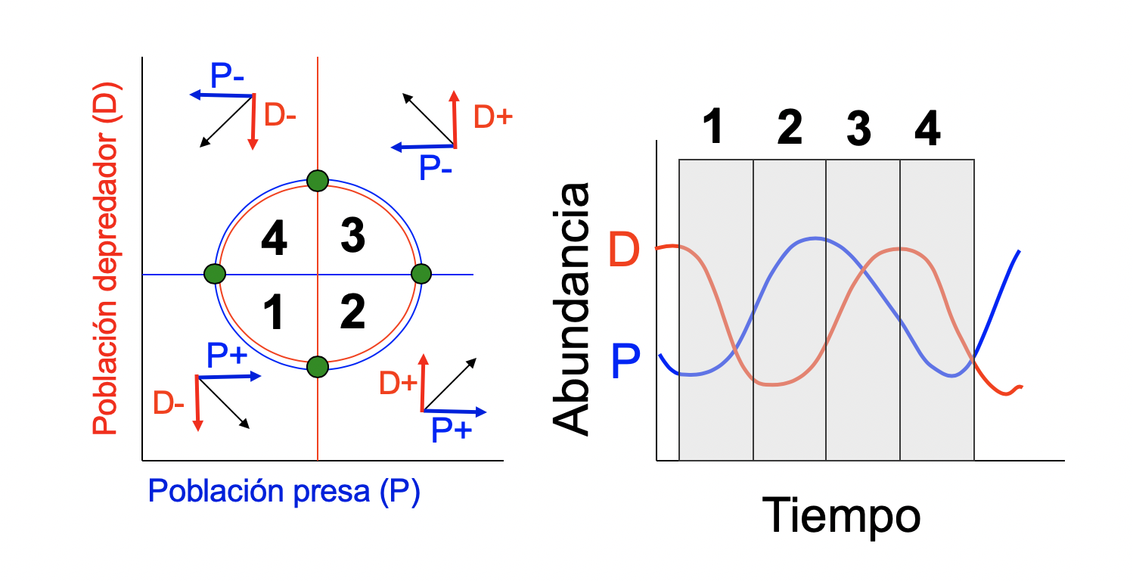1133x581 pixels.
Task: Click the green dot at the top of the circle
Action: pos(318,181)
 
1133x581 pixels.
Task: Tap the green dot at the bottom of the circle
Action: pos(318,367)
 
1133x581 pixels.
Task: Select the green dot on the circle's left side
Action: pos(215,273)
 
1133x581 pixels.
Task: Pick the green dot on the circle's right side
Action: pos(421,273)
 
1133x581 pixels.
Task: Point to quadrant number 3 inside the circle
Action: pos(352,236)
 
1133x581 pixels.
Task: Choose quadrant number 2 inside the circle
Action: pos(352,312)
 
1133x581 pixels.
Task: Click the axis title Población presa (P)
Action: pos(284,492)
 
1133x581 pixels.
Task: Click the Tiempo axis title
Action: pos(840,515)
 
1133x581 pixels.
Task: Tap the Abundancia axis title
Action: pos(571,308)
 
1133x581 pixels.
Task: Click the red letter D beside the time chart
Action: pos(625,250)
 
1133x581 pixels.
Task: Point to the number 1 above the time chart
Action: pos(712,127)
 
